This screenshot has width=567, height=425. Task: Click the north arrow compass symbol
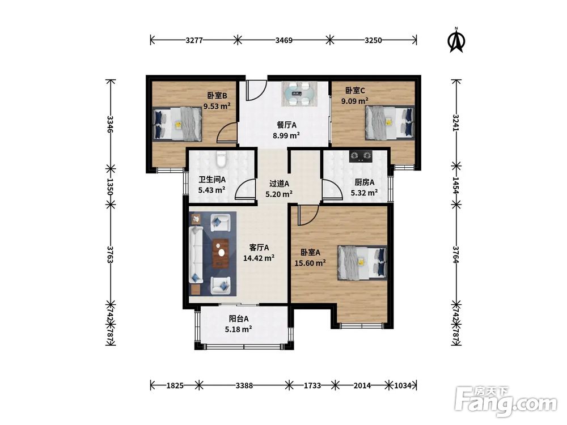456,40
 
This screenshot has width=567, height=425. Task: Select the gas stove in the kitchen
361,156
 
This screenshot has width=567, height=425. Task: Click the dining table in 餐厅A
300,93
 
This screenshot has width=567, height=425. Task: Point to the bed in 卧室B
177,124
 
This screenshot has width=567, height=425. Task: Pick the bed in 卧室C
390,122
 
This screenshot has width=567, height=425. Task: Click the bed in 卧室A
362,263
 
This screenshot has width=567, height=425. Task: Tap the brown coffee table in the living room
221,253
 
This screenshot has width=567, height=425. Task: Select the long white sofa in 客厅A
196,256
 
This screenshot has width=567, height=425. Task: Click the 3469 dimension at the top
284,40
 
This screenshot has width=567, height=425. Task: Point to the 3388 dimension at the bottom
244,385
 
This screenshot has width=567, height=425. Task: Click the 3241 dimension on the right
456,123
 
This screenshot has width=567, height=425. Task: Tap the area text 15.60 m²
310,263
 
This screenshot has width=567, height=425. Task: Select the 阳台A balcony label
239,318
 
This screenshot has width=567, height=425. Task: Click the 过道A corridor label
279,184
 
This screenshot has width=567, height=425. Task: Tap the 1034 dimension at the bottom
403,385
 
